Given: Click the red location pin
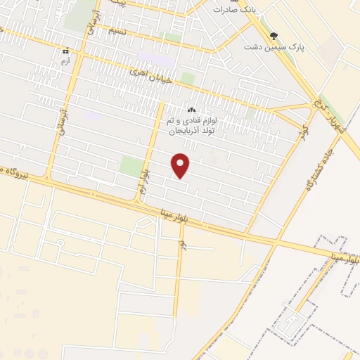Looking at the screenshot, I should [181, 165].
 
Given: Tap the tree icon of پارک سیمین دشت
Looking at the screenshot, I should [274, 37].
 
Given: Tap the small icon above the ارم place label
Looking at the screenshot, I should [65, 51].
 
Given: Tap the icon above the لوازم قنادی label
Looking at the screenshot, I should [191, 110].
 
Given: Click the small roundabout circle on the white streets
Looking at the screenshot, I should [61, 243].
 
